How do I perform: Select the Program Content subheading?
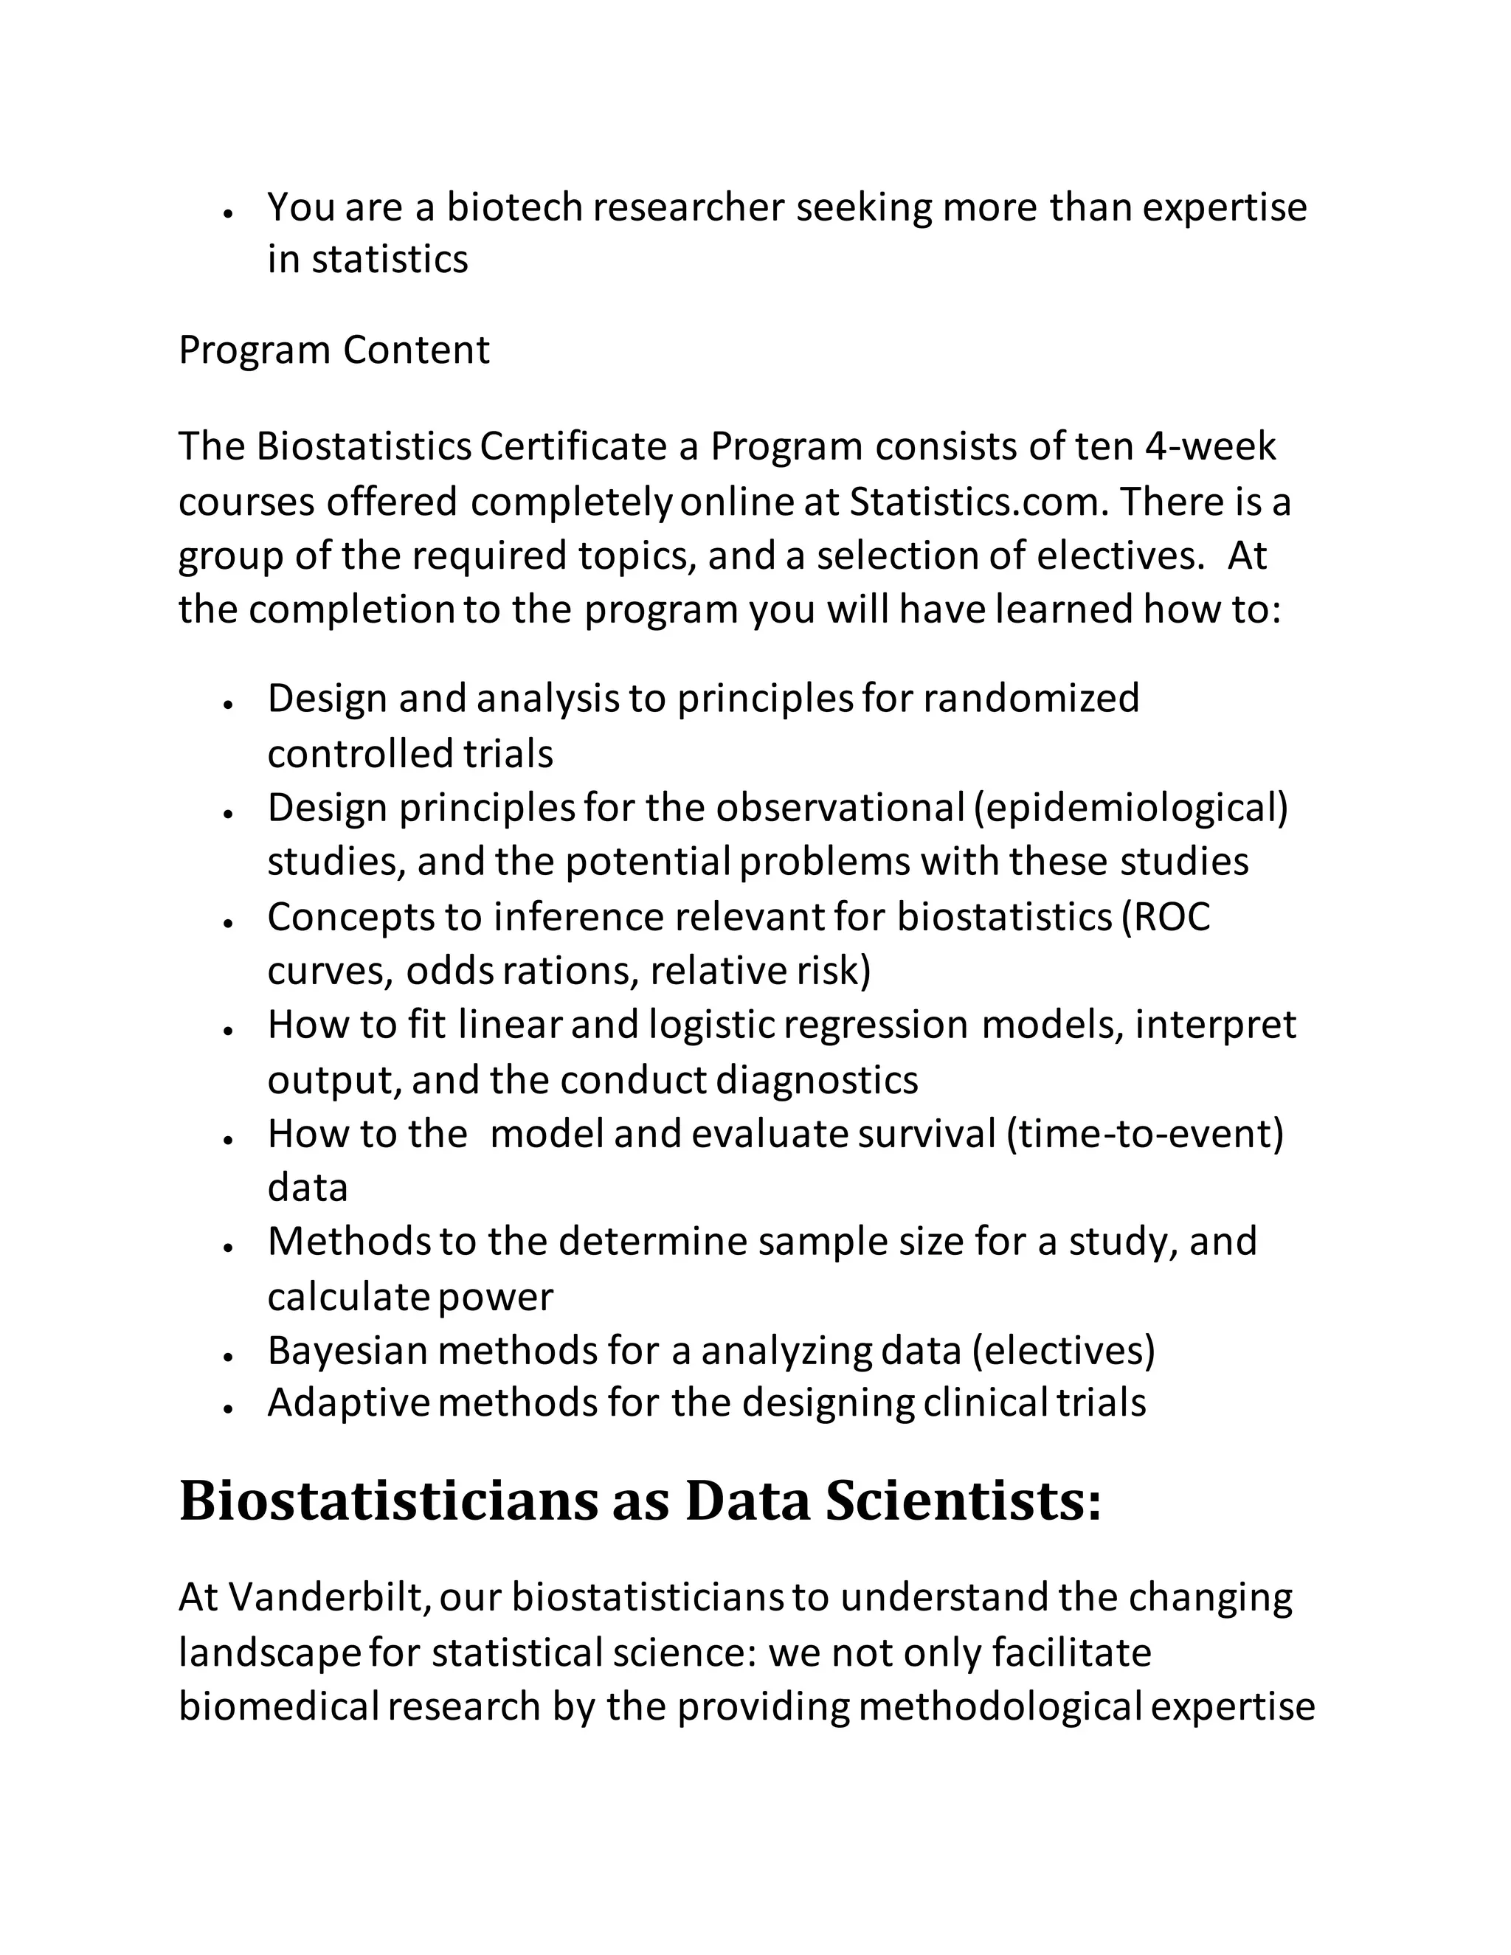click(334, 349)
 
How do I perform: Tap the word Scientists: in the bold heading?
click(962, 1503)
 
